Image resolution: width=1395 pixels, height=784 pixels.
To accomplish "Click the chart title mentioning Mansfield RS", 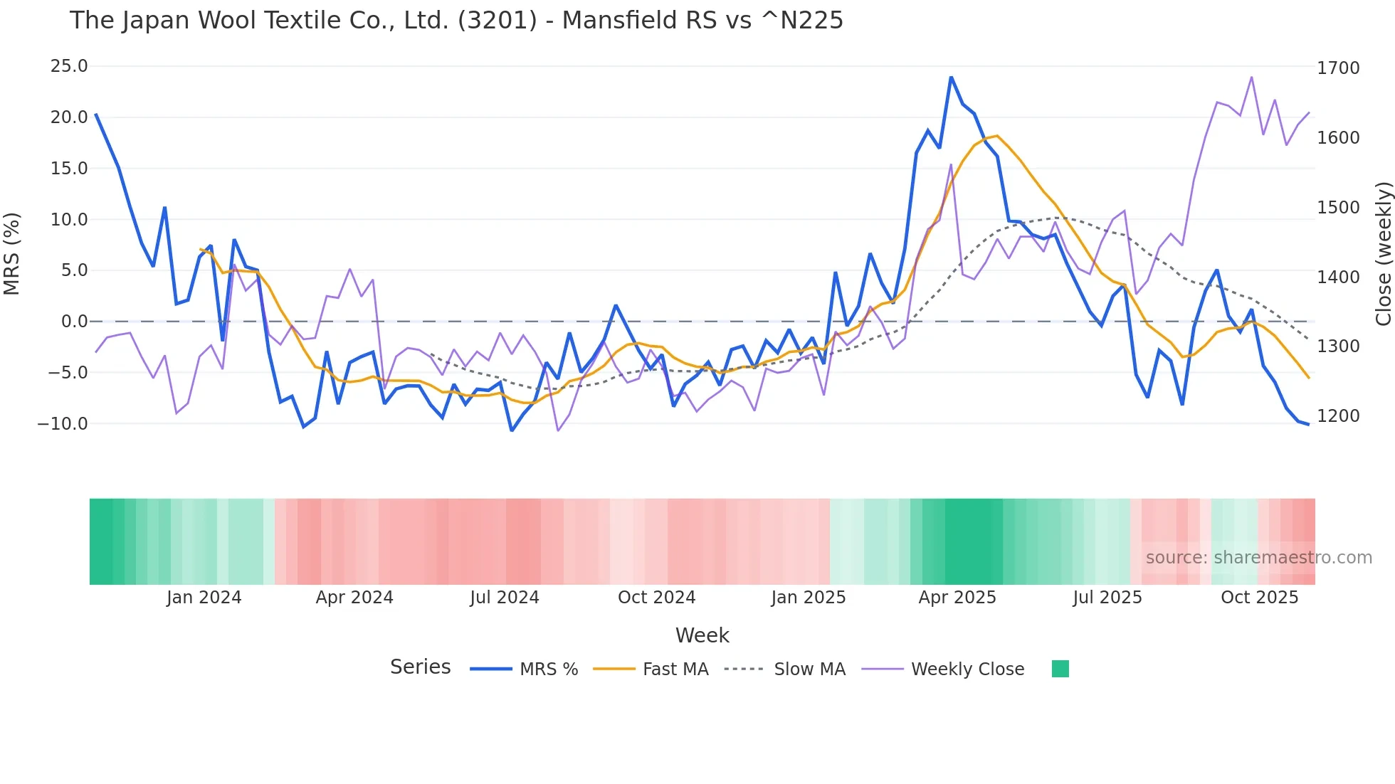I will (456, 21).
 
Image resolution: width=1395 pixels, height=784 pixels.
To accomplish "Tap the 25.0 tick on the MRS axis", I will (69, 66).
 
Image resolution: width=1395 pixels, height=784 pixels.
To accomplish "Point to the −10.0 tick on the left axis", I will (63, 424).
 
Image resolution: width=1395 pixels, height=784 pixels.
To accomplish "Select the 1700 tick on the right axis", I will (1338, 68).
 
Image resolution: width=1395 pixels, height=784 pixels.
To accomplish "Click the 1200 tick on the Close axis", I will (1338, 416).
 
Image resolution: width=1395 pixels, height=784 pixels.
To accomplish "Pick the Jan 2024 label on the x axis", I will (204, 598).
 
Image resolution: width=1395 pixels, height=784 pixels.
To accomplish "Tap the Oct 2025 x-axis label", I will (1259, 598).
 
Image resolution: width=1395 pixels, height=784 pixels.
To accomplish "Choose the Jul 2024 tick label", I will (505, 598).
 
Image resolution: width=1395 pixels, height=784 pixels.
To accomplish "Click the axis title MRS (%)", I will (12, 253).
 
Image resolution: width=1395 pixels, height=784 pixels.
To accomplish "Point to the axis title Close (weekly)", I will (1383, 253).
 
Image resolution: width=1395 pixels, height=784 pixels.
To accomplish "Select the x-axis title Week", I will (702, 635).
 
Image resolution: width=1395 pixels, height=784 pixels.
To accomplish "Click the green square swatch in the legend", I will (1060, 669).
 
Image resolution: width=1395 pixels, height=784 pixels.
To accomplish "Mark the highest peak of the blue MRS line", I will (951, 77).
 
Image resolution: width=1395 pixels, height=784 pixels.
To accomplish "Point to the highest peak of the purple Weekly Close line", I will (1251, 78).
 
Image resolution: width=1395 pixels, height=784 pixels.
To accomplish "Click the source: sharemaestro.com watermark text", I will (1258, 558).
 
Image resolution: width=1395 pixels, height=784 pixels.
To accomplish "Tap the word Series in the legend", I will (420, 667).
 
